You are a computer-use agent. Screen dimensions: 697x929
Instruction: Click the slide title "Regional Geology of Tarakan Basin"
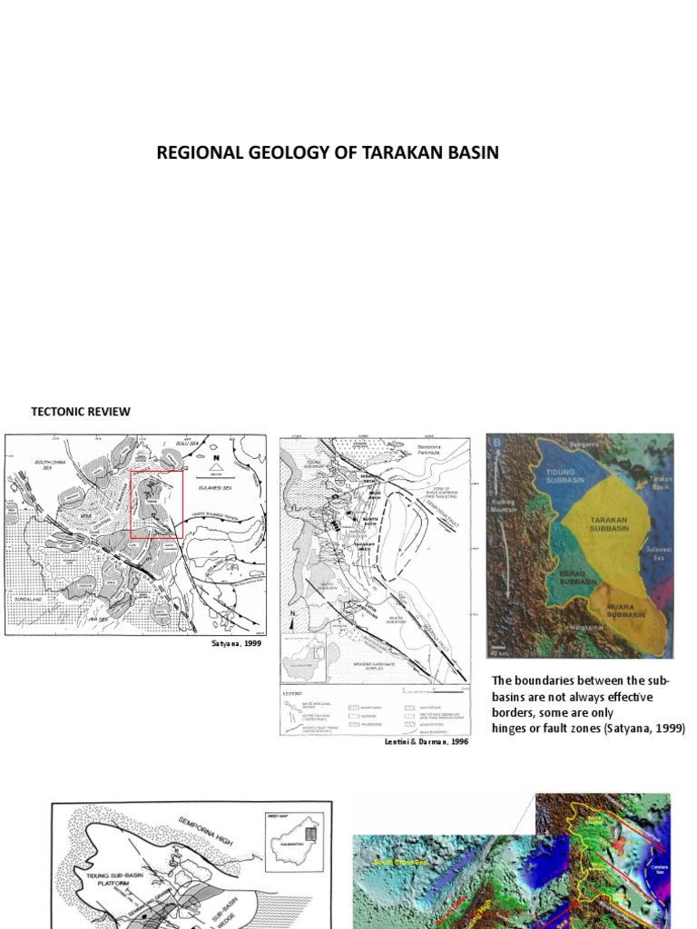pyautogui.click(x=328, y=152)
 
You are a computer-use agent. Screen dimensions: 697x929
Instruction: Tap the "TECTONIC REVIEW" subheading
pyautogui.click(x=81, y=412)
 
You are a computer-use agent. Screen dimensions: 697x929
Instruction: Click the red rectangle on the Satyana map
pyautogui.click(x=157, y=504)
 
